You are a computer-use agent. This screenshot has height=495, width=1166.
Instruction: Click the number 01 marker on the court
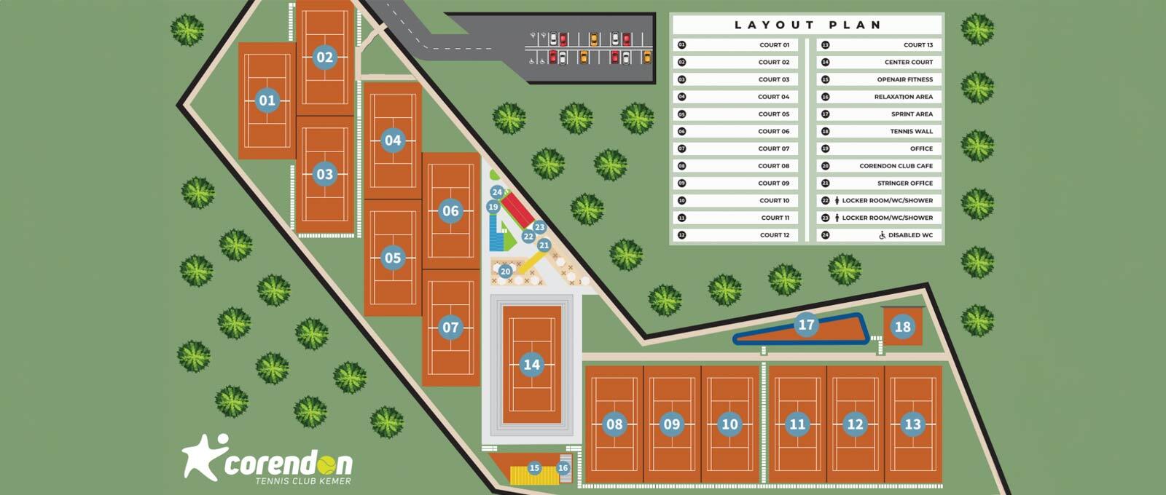click(267, 100)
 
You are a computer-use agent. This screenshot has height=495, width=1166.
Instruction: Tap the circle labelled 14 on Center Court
click(532, 365)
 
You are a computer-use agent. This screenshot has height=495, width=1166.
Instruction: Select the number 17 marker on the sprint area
click(806, 325)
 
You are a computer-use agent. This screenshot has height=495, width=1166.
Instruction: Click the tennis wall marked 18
click(902, 327)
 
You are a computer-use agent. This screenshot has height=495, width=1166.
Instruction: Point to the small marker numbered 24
click(497, 193)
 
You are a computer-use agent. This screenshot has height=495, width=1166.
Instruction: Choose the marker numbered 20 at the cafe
click(505, 272)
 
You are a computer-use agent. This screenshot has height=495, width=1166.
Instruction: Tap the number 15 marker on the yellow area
click(534, 468)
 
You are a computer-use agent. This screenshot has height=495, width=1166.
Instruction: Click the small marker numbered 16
click(563, 468)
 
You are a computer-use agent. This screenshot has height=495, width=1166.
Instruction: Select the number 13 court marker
click(912, 424)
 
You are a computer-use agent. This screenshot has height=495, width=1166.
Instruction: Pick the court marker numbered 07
click(450, 328)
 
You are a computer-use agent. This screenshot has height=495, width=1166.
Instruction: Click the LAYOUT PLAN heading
click(807, 25)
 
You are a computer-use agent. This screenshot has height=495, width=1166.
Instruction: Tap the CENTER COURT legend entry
click(908, 63)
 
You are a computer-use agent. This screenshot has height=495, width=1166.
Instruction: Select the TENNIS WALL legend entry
click(911, 132)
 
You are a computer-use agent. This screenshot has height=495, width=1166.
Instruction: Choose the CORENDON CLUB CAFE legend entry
click(896, 166)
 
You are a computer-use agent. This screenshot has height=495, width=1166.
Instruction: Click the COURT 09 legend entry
click(773, 183)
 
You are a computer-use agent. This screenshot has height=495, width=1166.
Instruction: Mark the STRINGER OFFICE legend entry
click(904, 183)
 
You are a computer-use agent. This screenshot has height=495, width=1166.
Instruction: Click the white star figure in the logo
click(202, 456)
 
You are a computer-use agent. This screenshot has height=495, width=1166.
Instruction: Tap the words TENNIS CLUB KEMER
click(302, 481)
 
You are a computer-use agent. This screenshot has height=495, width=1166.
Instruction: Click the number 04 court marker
click(393, 140)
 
